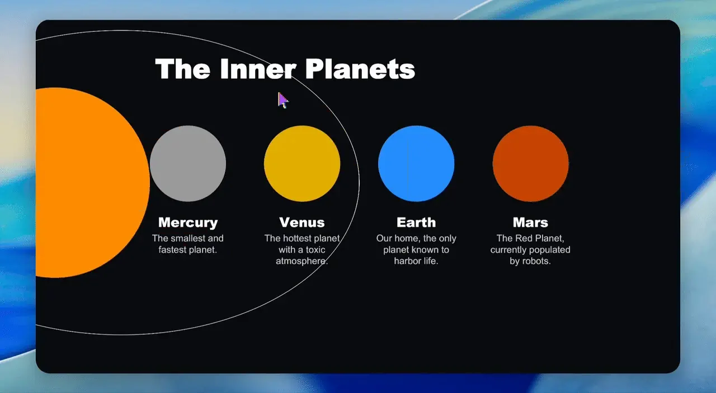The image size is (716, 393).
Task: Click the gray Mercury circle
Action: tap(188, 164)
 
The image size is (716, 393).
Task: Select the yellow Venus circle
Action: tap(302, 164)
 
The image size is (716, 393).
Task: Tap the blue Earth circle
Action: tap(416, 164)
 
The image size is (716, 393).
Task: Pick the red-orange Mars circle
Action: tap(531, 164)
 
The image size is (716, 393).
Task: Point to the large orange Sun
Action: tap(89, 182)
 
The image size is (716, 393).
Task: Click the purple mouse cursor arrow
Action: tap(282, 100)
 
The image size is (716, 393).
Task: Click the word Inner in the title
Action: tap(258, 69)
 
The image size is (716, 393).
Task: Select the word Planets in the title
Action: tap(360, 69)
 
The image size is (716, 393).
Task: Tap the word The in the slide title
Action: tap(183, 69)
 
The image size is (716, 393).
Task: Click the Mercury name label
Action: tap(188, 222)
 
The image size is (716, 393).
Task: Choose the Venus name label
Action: tap(302, 222)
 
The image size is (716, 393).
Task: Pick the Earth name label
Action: tap(416, 222)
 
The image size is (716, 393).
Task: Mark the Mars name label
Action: tap(531, 222)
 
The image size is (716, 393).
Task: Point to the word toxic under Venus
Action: tap(315, 250)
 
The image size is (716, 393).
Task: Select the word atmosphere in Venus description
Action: tap(302, 261)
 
